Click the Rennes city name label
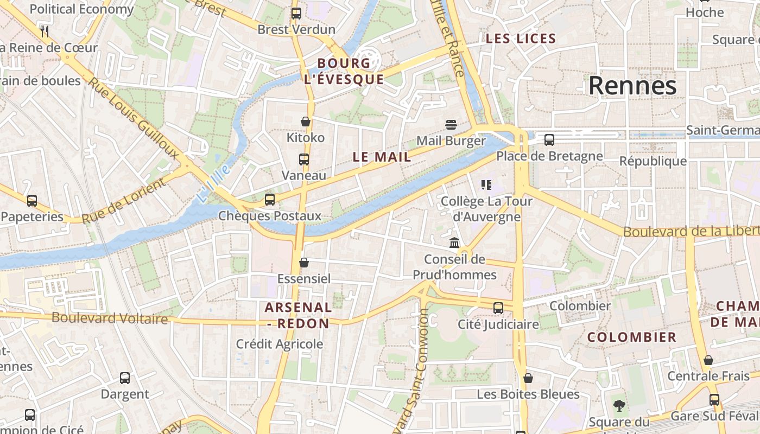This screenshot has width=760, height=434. tap(632, 86)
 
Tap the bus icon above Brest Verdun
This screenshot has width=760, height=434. tap(296, 14)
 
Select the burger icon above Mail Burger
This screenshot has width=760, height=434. tap(451, 125)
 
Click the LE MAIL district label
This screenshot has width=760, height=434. tap(382, 157)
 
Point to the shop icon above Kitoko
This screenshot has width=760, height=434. tap(306, 122)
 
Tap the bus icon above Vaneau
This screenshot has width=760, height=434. tap(304, 159)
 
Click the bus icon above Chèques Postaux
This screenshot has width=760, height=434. tap(270, 200)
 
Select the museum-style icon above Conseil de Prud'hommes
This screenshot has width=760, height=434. tap(454, 242)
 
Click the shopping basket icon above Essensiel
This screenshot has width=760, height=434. tap(304, 263)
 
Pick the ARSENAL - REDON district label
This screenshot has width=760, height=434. tap(298, 315)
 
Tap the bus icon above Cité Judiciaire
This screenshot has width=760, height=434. tap(498, 308)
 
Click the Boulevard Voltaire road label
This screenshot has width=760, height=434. tap(110, 318)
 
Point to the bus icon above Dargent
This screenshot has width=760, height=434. tap(125, 378)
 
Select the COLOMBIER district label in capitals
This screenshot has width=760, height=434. tap(632, 337)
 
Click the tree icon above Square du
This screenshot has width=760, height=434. tap(619, 405)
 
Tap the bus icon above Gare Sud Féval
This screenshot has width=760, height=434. tap(714, 400)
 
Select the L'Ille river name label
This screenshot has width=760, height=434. tap(213, 184)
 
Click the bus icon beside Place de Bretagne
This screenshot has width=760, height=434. tap(549, 140)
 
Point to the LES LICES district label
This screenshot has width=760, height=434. tap(521, 39)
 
